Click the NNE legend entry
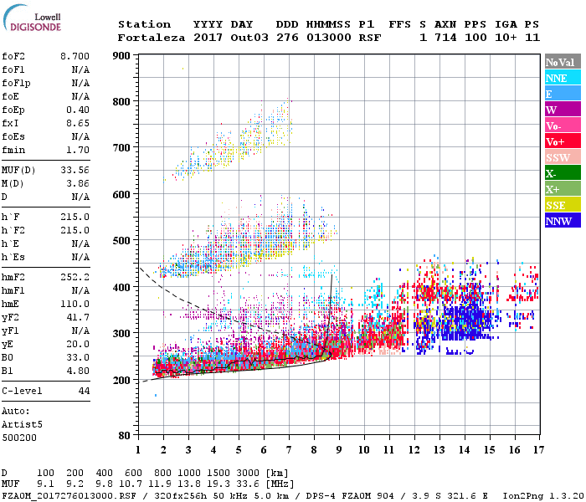[557, 78]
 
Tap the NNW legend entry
[558, 221]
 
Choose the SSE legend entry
[557, 205]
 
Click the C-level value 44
[84, 391]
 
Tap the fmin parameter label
[14, 150]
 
